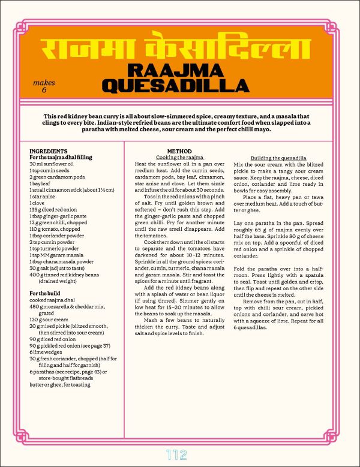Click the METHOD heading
[179, 151]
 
